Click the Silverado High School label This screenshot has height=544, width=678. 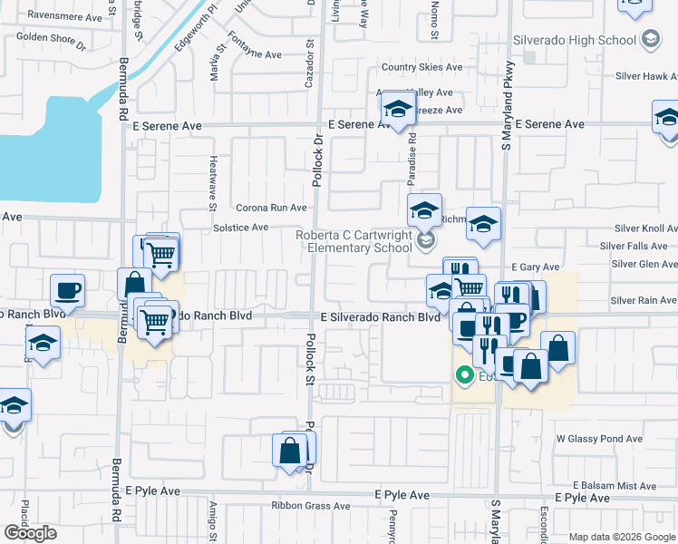(575, 40)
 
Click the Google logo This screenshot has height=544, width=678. (30, 533)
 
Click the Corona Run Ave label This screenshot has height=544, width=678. (272, 208)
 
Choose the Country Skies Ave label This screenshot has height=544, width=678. (421, 67)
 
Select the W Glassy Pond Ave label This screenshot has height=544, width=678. (599, 438)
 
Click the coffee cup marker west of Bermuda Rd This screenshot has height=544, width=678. (68, 290)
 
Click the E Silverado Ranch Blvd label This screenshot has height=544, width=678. (380, 317)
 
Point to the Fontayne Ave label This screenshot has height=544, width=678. (255, 54)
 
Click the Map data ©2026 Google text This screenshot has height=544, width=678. (621, 537)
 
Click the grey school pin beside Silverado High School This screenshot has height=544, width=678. (649, 39)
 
